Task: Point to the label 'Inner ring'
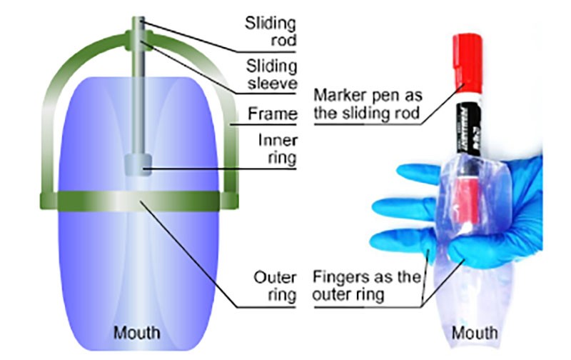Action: tap(278, 149)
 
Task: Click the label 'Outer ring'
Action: tap(275, 284)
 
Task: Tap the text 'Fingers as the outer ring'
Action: tap(366, 284)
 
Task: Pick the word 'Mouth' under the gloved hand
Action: tap(475, 333)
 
